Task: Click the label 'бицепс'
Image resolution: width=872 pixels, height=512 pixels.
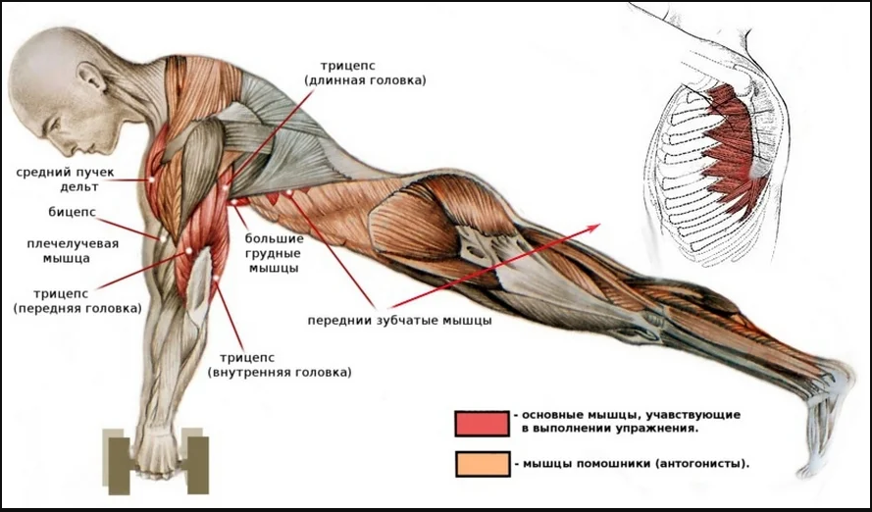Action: click(71, 211)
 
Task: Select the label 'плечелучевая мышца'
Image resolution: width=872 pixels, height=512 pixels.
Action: click(58, 251)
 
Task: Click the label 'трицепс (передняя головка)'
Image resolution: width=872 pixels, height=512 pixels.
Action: click(77, 299)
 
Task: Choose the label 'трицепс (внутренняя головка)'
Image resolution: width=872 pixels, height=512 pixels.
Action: click(280, 365)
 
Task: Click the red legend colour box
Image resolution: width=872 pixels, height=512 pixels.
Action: click(481, 423)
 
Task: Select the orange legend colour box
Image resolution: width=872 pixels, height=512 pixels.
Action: click(481, 463)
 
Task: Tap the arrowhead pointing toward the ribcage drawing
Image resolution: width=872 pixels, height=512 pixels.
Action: click(594, 227)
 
